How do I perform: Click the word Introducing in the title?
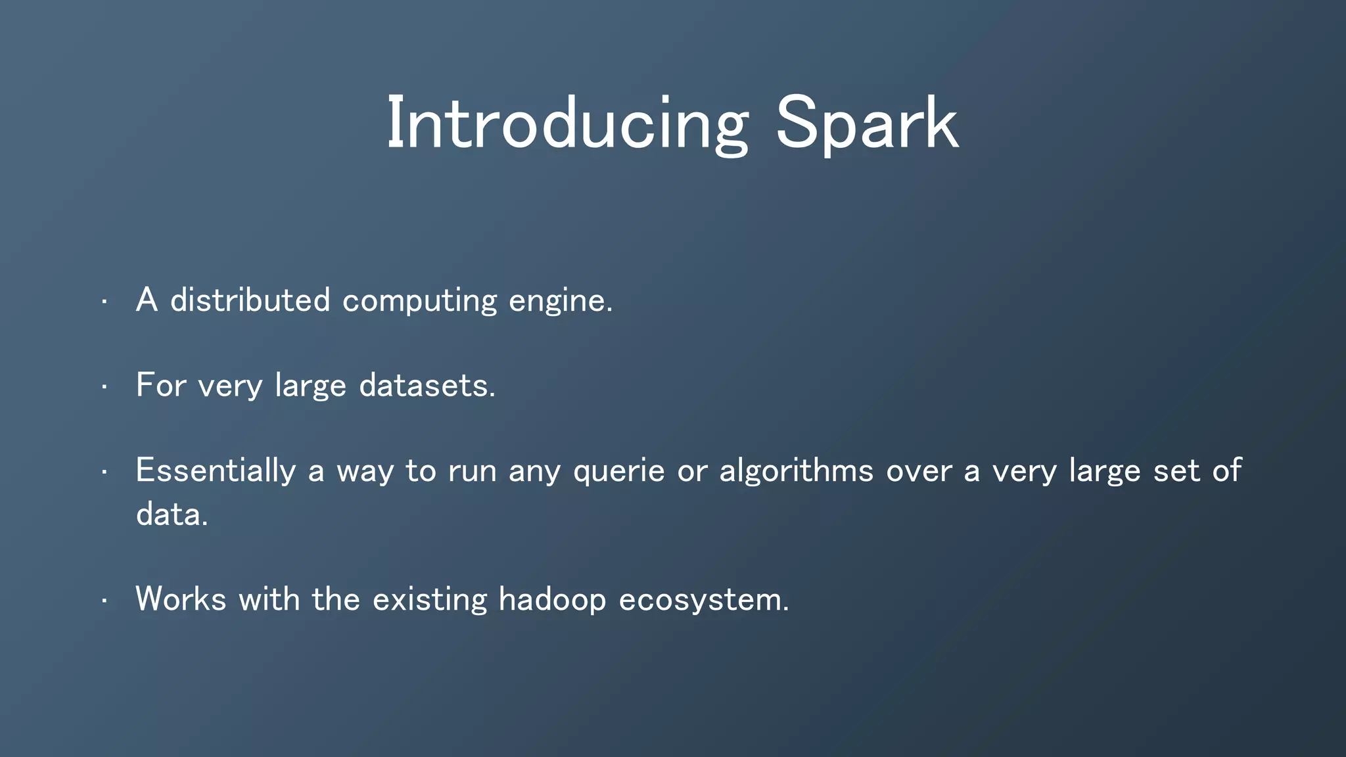pyautogui.click(x=567, y=124)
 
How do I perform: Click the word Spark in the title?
pyautogui.click(x=866, y=124)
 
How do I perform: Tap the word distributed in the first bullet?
pyautogui.click(x=250, y=300)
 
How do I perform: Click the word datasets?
pyautogui.click(x=427, y=385)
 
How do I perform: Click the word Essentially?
pyautogui.click(x=216, y=471)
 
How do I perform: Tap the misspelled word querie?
pyautogui.click(x=618, y=471)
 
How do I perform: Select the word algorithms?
pyautogui.click(x=796, y=471)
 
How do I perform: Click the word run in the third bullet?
pyautogui.click(x=472, y=471)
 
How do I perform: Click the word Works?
pyautogui.click(x=181, y=599)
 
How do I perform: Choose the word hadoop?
pyautogui.click(x=552, y=600)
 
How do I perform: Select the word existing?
pyautogui.click(x=430, y=600)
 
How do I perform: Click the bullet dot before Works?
pyautogui.click(x=104, y=601)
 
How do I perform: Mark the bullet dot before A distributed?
pyautogui.click(x=104, y=302)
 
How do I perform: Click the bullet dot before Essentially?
pyautogui.click(x=104, y=472)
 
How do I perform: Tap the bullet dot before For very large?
pyautogui.click(x=104, y=386)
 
